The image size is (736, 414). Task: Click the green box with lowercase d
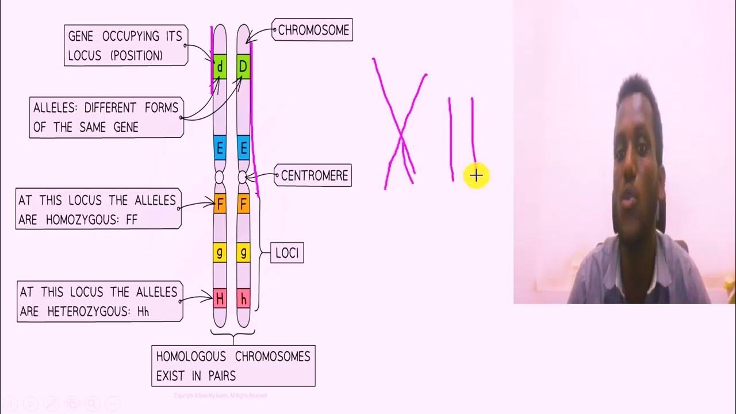click(220, 67)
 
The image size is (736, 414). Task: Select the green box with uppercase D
click(243, 67)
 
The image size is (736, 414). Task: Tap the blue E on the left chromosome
click(220, 149)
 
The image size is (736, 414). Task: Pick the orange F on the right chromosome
click(243, 204)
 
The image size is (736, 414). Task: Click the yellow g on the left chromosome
click(220, 252)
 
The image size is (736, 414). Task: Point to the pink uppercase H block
click(220, 298)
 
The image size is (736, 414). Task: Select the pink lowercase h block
click(243, 298)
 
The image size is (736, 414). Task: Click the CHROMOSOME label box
click(313, 30)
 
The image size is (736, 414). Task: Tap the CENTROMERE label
click(314, 175)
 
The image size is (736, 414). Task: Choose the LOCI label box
click(286, 253)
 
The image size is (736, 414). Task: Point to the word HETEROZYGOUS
click(84, 312)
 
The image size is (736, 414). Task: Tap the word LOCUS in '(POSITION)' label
click(85, 56)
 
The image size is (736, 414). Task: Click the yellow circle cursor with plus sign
click(476, 176)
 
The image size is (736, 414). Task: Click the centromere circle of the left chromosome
click(219, 176)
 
